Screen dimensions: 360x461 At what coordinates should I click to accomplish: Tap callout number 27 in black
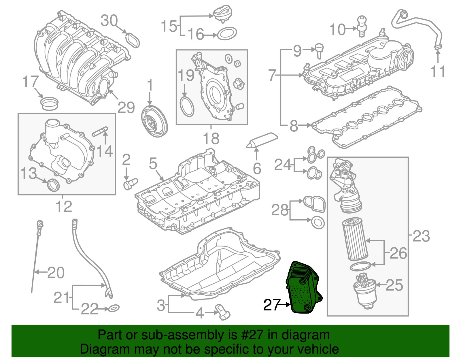pos(272,305)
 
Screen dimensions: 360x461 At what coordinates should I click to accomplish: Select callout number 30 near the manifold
pos(109,21)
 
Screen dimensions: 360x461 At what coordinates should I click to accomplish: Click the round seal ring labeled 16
pos(227,34)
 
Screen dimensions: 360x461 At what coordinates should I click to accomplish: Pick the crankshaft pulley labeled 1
pos(154,121)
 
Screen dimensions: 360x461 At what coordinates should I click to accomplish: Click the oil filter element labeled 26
pos(355,239)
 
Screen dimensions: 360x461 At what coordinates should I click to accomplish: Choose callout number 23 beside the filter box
pos(421,236)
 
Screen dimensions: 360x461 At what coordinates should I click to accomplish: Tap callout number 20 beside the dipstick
pos(56,272)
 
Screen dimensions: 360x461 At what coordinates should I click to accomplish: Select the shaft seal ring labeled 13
pos(53,185)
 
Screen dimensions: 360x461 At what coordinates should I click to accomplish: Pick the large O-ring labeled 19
pos(187,107)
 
